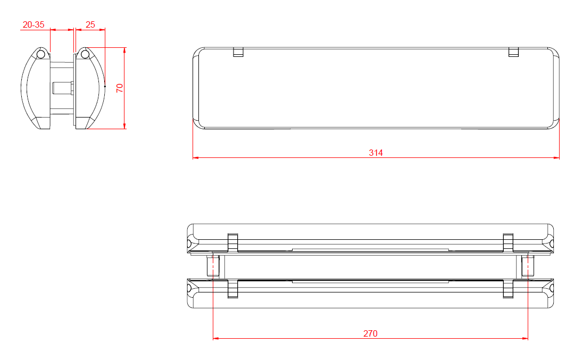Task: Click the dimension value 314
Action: [376, 153]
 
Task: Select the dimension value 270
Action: [370, 333]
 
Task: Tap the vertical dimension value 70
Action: [120, 88]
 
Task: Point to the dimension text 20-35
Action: [33, 24]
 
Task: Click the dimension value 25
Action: [90, 24]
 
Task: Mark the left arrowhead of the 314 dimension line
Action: [195, 158]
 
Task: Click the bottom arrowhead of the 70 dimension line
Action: [124, 126]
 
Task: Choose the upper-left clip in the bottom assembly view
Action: [232, 242]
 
